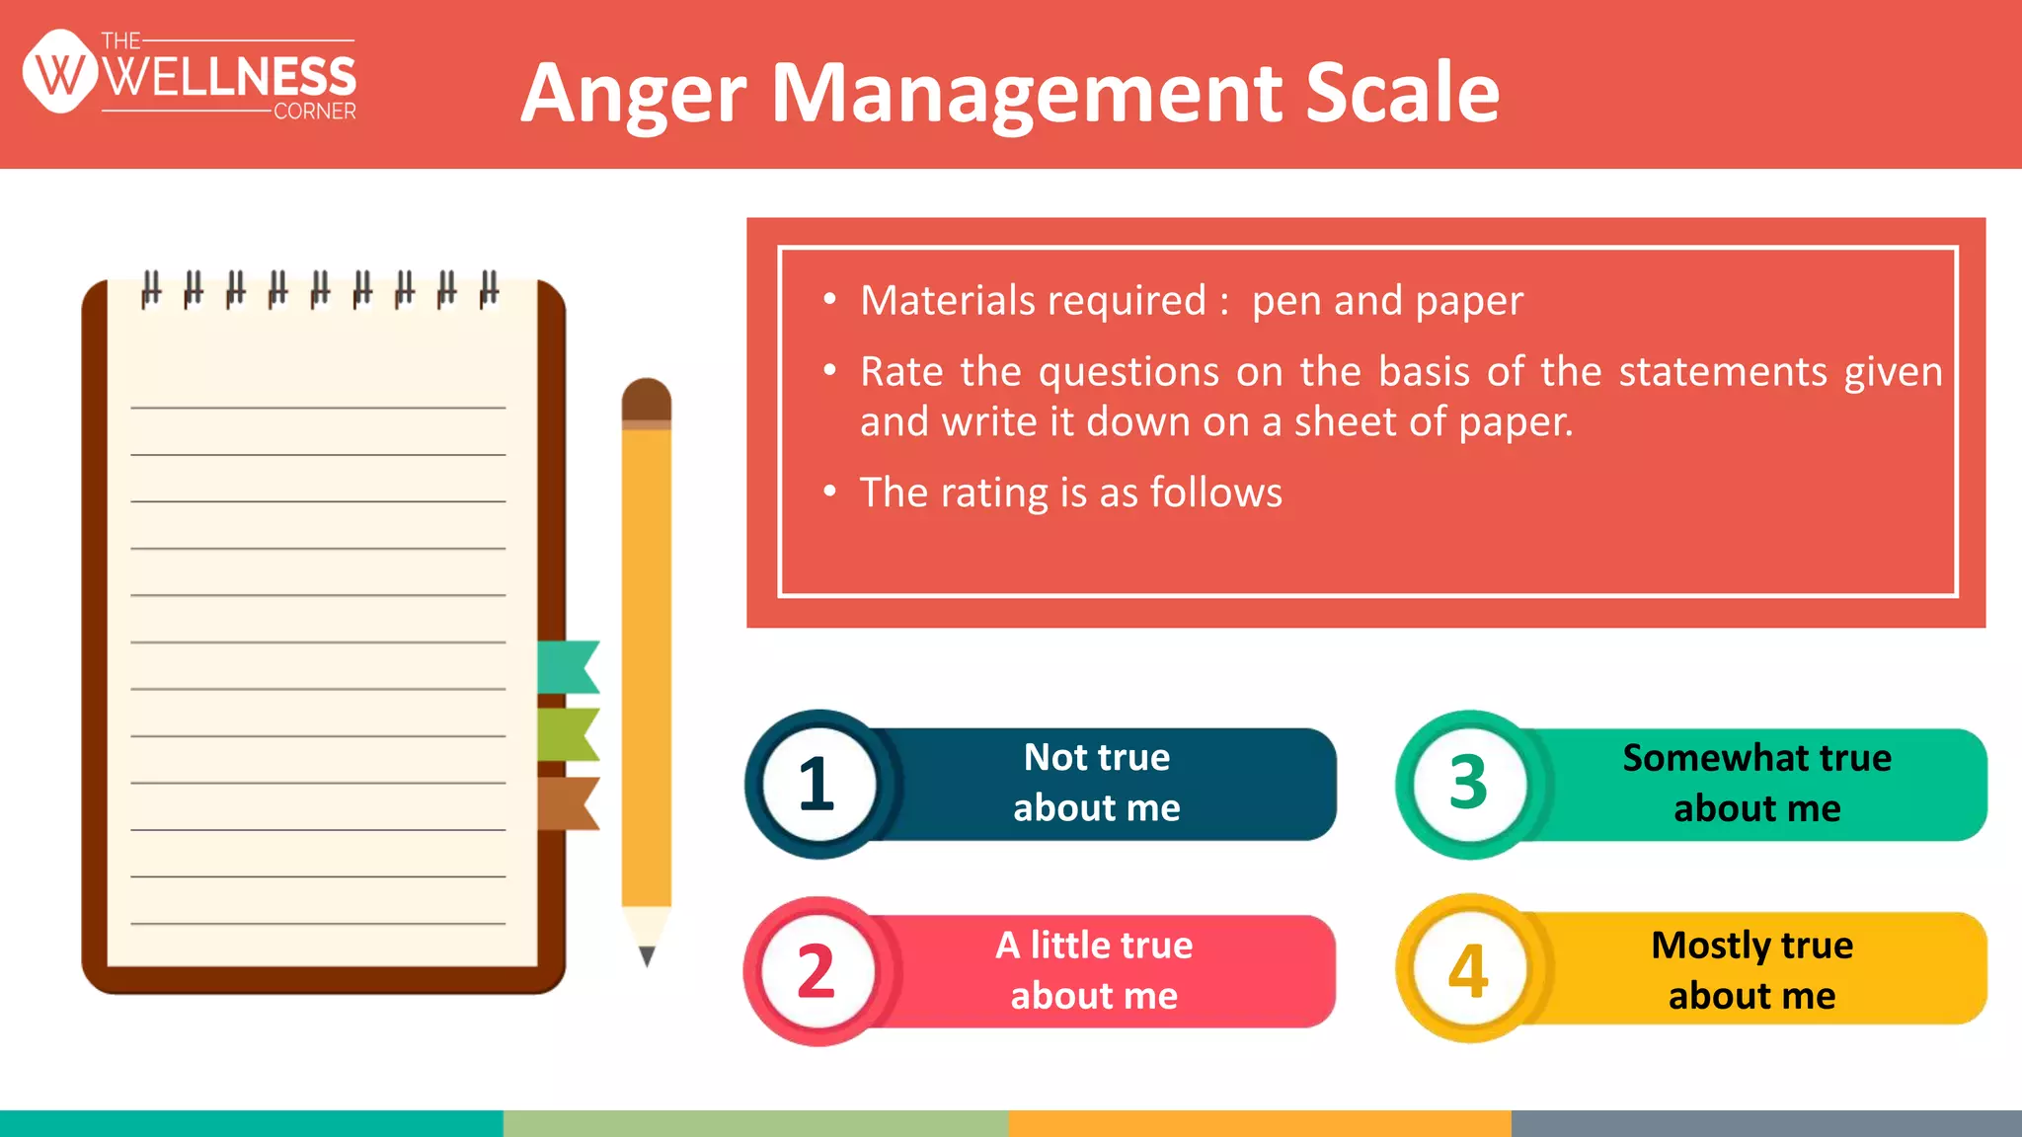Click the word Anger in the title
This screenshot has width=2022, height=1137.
pos(633,95)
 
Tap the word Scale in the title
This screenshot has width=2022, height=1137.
pos(1402,93)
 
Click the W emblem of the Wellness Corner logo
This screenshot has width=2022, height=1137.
pos(60,72)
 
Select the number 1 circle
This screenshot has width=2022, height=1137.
pos(817,785)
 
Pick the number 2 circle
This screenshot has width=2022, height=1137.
pos(817,972)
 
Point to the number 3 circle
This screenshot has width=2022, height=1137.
pos(1469,785)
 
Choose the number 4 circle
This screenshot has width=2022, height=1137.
pos(1469,970)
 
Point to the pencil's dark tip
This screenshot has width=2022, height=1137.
pos(647,955)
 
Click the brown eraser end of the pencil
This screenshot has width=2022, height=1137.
pos(647,399)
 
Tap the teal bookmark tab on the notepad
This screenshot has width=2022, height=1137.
pos(569,666)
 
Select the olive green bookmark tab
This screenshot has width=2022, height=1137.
pos(569,734)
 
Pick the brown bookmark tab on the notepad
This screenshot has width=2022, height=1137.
pos(569,802)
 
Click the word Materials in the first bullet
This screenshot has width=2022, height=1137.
pos(1033,300)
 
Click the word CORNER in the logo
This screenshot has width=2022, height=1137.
pos(315,112)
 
